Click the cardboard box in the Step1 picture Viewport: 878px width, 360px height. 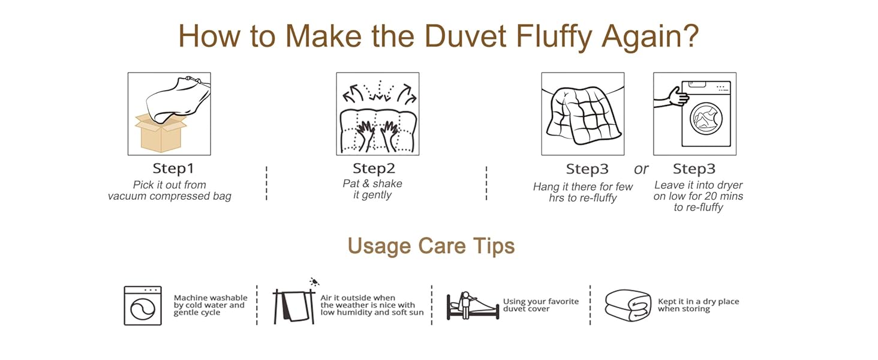(161, 133)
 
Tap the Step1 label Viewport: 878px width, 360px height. (173, 169)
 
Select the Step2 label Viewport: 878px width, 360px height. (374, 169)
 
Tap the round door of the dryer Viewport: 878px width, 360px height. (706, 119)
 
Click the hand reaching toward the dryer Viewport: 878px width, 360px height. (671, 98)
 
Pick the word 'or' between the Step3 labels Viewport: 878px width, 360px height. (641, 169)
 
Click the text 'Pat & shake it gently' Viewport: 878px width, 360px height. (372, 190)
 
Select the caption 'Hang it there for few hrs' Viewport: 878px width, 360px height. (582, 192)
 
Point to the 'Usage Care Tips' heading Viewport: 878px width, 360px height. (431, 246)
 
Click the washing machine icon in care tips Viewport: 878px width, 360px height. (143, 305)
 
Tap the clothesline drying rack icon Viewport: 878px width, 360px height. (294, 307)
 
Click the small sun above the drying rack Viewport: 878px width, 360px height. (314, 281)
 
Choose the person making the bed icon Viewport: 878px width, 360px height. (473, 305)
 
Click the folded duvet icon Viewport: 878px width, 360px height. (628, 305)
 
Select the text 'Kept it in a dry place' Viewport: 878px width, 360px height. (699, 301)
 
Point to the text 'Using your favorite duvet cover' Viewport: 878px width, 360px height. (541, 305)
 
